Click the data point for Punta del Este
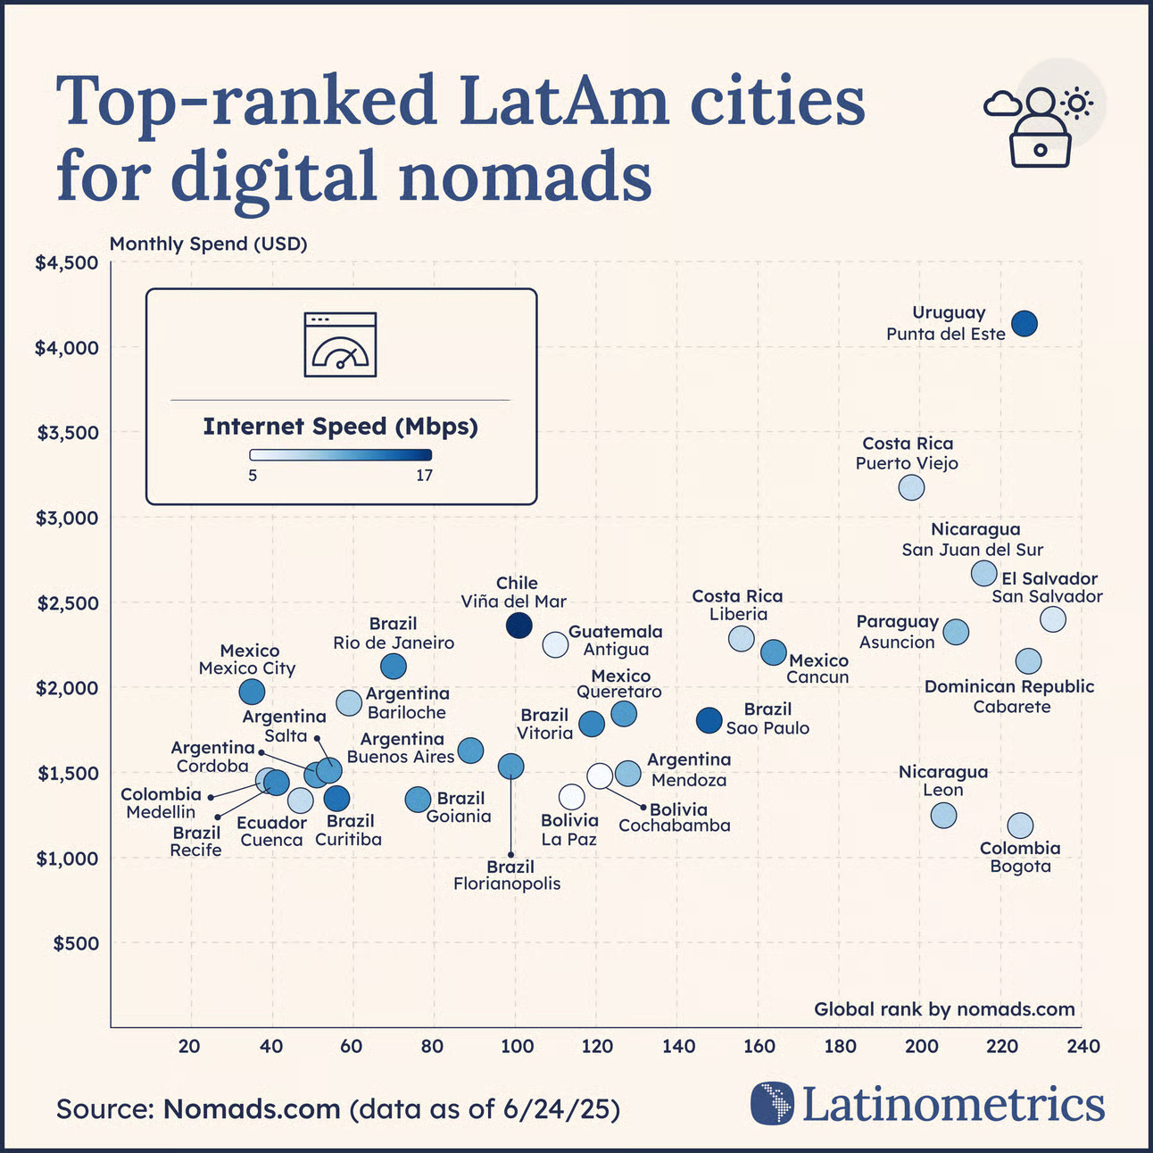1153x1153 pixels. pos(1024,323)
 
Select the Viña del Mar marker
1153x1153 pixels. pos(518,625)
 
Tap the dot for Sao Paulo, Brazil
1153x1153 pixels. pos(709,720)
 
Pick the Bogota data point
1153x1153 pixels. pos(1020,825)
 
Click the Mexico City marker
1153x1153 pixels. pos(252,691)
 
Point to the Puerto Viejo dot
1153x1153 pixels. pos(911,487)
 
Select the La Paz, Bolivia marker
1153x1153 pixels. pos(571,797)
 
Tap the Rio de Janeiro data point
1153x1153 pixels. pos(393,666)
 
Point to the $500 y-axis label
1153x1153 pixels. pos(76,943)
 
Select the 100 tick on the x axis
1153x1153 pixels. pos(515,1046)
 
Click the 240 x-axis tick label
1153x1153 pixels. pos(1083,1046)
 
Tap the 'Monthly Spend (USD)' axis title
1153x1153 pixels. pos(208,244)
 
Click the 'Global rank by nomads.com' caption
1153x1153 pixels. pos(944,1009)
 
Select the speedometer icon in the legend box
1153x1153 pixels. pos(340,345)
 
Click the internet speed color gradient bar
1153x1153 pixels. pos(340,454)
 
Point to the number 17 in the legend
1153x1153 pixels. pos(424,475)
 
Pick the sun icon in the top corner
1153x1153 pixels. pos(1077,104)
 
